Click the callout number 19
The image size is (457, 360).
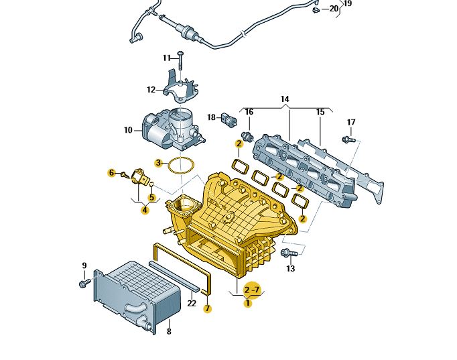(348, 3)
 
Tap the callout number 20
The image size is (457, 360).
(334, 9)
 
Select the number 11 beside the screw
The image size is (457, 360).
(166, 58)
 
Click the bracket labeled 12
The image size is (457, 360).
(180, 87)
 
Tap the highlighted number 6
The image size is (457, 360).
(111, 173)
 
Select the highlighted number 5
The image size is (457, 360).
(151, 197)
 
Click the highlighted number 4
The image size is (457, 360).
(145, 210)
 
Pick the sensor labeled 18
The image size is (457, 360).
(231, 121)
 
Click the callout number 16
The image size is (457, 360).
(249, 111)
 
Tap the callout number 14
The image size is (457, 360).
(285, 99)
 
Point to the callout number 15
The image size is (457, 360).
(320, 111)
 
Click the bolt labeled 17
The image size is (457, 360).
(347, 139)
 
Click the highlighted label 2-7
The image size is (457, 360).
(251, 290)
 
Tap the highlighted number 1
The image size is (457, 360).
(248, 303)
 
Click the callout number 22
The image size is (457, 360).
(192, 304)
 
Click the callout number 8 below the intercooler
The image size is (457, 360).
(169, 331)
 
